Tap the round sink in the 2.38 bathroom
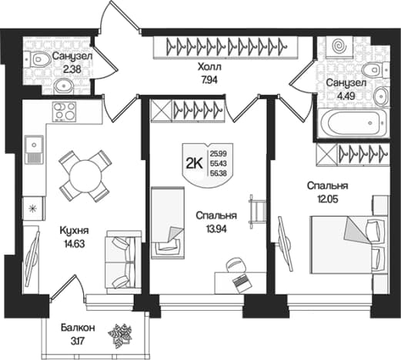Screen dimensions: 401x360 pyautogui.click(x=64, y=86)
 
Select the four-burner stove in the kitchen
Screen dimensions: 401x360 pyautogui.click(x=64, y=112)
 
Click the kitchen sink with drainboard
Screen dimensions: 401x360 pyautogui.click(x=34, y=149)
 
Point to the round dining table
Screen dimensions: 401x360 pyautogui.click(x=85, y=176)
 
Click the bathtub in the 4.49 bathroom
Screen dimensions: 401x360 pyautogui.click(x=352, y=122)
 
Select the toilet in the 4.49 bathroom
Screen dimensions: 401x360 pyautogui.click(x=375, y=68)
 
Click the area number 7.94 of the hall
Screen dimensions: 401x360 pyautogui.click(x=209, y=80)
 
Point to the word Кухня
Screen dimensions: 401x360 pyautogui.click(x=74, y=231)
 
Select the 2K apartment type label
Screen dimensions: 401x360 pyautogui.click(x=194, y=163)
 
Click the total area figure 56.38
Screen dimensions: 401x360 pyautogui.click(x=219, y=173)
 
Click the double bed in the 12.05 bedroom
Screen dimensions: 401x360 pyautogui.click(x=349, y=245)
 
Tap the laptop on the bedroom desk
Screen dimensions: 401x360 pyautogui.click(x=242, y=283)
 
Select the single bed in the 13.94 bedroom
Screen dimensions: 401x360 pyautogui.click(x=168, y=222)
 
